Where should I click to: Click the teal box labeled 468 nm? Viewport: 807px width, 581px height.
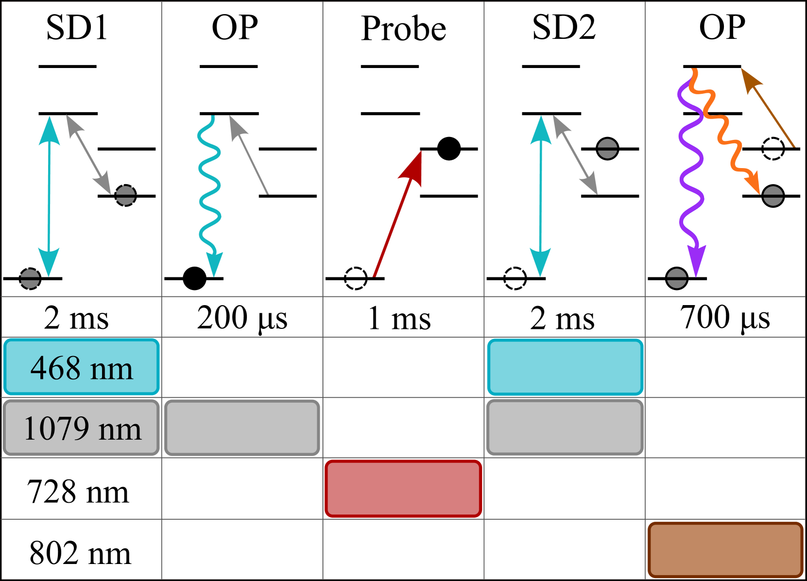82,366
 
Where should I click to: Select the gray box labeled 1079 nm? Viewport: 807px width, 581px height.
81,427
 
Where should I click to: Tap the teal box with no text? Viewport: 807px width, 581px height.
565,367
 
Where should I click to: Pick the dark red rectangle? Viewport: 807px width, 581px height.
403,488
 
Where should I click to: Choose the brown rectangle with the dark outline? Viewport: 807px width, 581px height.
725,550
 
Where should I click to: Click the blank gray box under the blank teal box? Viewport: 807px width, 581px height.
565,427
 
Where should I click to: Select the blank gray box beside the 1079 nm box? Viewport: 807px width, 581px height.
242,427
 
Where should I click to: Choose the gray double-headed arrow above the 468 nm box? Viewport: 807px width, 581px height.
88,154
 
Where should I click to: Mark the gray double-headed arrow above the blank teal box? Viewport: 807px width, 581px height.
575,155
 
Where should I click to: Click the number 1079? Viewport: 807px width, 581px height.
56,428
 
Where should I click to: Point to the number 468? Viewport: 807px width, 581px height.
55,368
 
